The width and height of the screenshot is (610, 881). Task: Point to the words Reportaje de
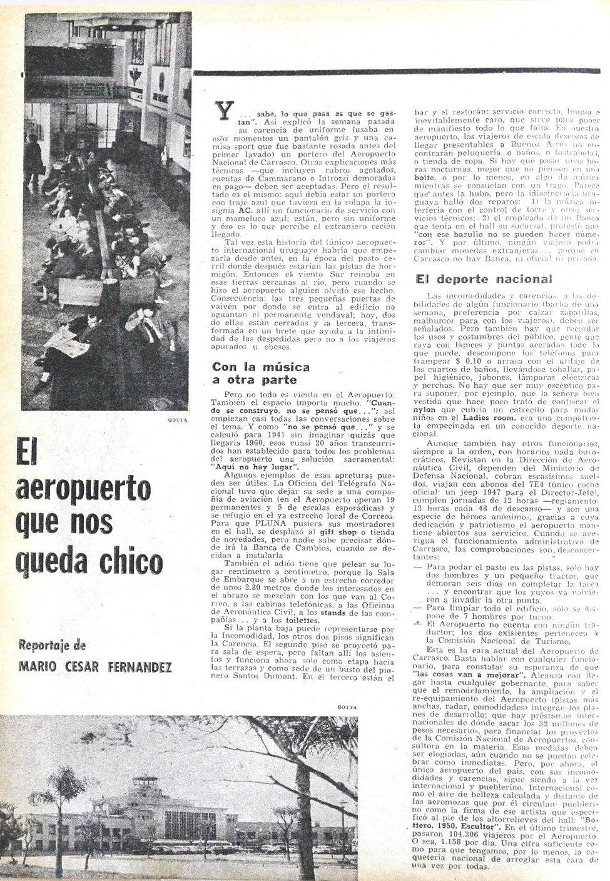tap(52, 646)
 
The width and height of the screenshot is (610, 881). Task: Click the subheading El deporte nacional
tap(484, 279)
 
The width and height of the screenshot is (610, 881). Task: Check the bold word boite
tap(427, 176)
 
